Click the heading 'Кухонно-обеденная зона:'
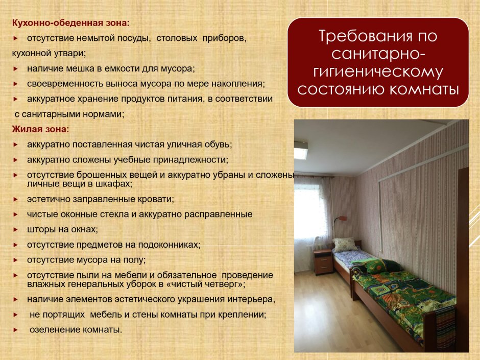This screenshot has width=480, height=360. coord(71,23)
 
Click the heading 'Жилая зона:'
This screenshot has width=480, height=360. coord(40,129)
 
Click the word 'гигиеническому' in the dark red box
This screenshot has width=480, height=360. coord(378,72)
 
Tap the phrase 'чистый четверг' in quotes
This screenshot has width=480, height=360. coord(212,283)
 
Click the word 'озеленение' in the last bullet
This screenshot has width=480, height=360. coord(51,329)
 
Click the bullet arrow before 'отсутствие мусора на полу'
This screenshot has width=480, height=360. coord(15,260)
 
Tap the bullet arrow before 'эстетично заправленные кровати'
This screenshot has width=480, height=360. coord(15,199)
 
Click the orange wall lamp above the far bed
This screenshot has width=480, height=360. coord(342,219)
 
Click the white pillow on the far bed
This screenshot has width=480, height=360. coord(344,244)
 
